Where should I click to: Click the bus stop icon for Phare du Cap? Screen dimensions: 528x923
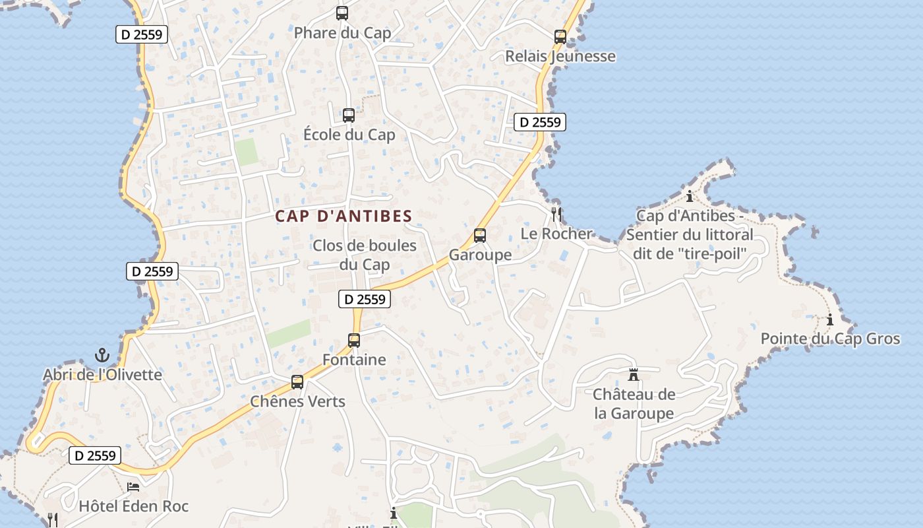[342, 13]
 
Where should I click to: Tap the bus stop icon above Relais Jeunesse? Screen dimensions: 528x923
[560, 37]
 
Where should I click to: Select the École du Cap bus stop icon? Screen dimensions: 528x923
[349, 115]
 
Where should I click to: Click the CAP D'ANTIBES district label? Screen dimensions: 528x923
[343, 216]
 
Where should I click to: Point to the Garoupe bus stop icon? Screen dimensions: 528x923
[480, 236]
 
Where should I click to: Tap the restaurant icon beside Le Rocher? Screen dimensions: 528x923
[556, 214]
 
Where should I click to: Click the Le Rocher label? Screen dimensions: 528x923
[556, 234]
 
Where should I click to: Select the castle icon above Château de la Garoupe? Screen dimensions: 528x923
[634, 375]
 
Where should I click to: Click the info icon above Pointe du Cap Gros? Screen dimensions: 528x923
[830, 320]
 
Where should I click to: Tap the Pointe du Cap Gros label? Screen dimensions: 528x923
[830, 339]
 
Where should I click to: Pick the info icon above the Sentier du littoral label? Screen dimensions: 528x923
[690, 196]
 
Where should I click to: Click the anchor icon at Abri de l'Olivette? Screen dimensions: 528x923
[102, 355]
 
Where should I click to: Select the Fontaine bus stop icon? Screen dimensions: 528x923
[354, 341]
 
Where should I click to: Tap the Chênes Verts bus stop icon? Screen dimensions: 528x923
[297, 382]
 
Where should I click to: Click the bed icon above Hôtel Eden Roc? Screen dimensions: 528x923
[133, 488]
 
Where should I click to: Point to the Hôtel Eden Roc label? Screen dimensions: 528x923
[134, 506]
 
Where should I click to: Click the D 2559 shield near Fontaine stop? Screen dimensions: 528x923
[365, 299]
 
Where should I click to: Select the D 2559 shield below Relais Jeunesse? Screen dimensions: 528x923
[540, 122]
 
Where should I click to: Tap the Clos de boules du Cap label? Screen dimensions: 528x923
[365, 255]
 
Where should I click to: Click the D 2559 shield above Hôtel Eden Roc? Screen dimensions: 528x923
[96, 455]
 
